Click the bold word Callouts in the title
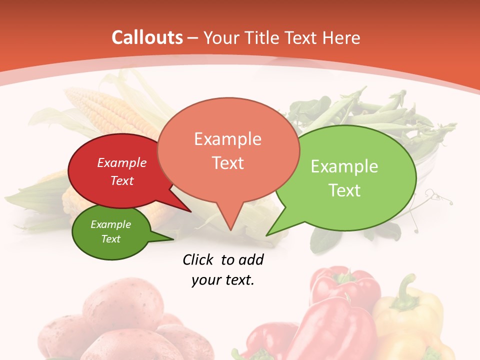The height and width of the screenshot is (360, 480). point(147,37)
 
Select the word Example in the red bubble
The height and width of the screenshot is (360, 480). point(122,162)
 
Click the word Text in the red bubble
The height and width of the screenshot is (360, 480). point(122,180)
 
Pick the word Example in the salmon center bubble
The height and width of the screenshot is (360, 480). point(227,138)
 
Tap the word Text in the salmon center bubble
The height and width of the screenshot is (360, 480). point(228,162)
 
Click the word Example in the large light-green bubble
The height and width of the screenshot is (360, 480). point(344,166)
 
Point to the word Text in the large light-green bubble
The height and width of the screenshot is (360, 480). point(344,190)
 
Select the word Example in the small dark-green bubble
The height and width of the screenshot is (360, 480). point(110,224)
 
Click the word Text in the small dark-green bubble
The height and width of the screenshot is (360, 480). point(110,239)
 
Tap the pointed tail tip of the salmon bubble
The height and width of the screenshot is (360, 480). point(230,230)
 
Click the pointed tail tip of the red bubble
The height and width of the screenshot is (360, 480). point(190,211)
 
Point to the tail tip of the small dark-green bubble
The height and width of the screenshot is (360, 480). point(173,239)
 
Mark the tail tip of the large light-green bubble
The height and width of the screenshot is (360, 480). point(267,234)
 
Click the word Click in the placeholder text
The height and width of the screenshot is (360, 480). point(198,259)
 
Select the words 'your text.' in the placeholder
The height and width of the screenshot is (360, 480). point(223,280)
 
